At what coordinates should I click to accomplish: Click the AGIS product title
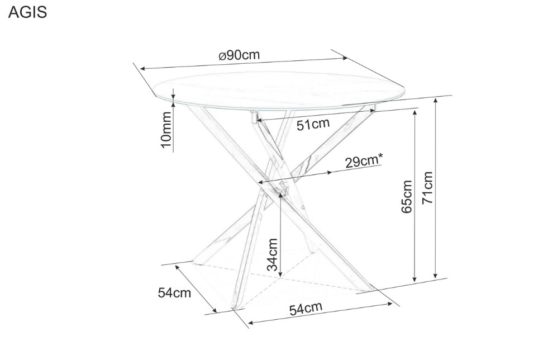tap(27, 13)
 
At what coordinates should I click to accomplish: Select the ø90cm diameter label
tap(239, 55)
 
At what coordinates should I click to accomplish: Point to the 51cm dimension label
tap(313, 124)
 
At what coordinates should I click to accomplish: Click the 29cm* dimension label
tap(363, 162)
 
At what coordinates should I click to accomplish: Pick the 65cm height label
tap(406, 196)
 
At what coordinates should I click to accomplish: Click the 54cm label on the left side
tap(174, 292)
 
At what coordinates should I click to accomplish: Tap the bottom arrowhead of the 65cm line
tap(415, 280)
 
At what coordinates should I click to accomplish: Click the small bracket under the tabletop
tap(254, 118)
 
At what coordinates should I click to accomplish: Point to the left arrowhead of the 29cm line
tap(259, 183)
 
